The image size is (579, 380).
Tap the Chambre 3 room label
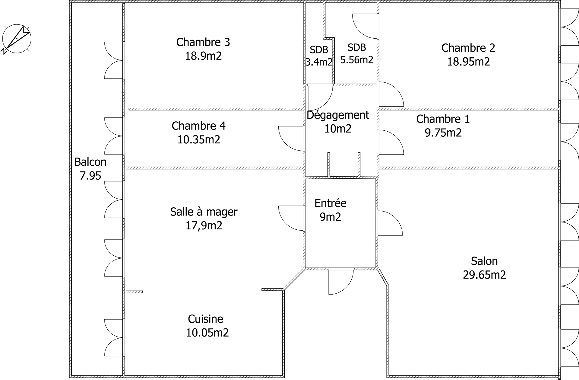point(203,42)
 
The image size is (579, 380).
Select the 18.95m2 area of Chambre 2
point(468,62)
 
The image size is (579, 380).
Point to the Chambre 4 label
point(198,126)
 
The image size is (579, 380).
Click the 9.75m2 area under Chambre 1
point(443,133)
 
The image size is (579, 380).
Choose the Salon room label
point(484,261)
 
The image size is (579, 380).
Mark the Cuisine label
point(205,319)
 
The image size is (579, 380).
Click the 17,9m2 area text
point(204,225)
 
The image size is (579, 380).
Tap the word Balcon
point(90,162)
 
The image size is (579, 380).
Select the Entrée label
point(330,203)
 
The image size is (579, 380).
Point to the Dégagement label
point(338,115)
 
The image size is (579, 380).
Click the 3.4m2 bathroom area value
point(319,62)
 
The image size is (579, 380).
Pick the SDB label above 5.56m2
point(356,47)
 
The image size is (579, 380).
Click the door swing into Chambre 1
point(391,142)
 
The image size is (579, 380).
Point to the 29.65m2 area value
point(484,275)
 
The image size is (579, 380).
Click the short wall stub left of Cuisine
point(134,292)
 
